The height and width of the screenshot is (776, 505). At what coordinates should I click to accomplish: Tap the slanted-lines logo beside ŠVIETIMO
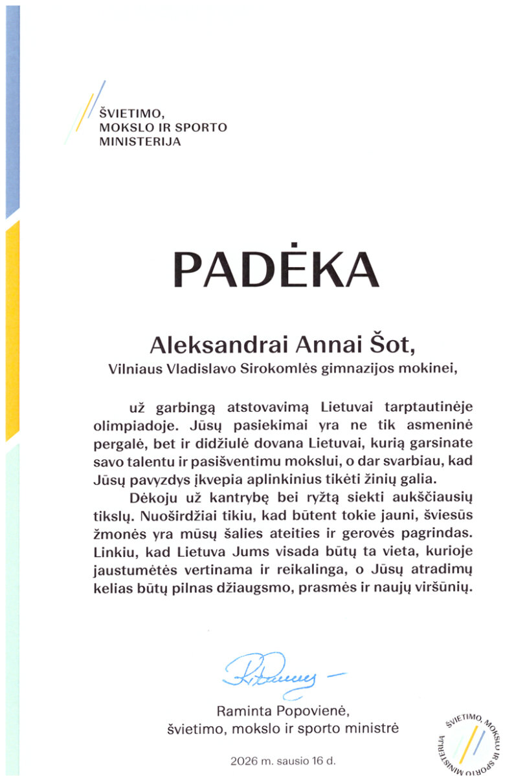(84, 113)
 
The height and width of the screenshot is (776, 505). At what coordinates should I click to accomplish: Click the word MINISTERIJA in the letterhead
(140, 141)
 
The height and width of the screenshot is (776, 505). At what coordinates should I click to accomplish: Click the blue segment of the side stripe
(12, 110)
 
